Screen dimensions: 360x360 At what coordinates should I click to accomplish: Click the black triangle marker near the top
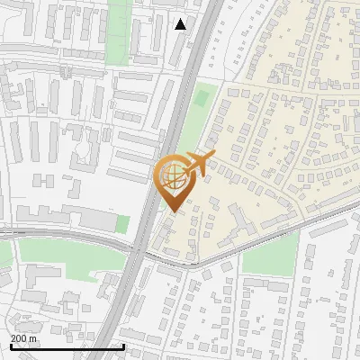181,24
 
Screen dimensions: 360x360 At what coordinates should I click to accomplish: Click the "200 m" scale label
24,338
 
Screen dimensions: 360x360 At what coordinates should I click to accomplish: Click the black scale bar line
67,346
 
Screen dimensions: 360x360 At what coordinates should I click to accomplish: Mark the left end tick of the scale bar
11,346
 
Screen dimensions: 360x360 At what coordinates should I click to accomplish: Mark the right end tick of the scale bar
123,346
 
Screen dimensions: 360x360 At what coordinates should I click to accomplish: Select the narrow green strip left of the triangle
118,31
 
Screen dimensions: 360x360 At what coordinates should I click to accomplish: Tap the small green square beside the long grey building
122,224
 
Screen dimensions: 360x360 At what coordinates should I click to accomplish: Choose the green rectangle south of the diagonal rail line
269,254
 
